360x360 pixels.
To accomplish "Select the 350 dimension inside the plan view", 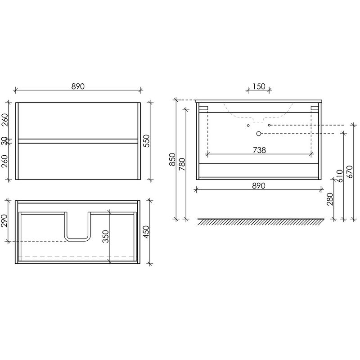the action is pos(106,236).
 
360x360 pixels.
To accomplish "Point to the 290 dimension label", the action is pos(4,220).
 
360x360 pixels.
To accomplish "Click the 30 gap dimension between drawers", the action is pos(4,141).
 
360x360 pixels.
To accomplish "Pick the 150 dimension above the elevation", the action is pos(259,86).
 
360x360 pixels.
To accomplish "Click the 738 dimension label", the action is pos(260,150).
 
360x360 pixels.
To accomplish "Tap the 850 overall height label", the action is pos(172,159).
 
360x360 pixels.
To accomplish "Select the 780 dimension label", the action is pos(182,164).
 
